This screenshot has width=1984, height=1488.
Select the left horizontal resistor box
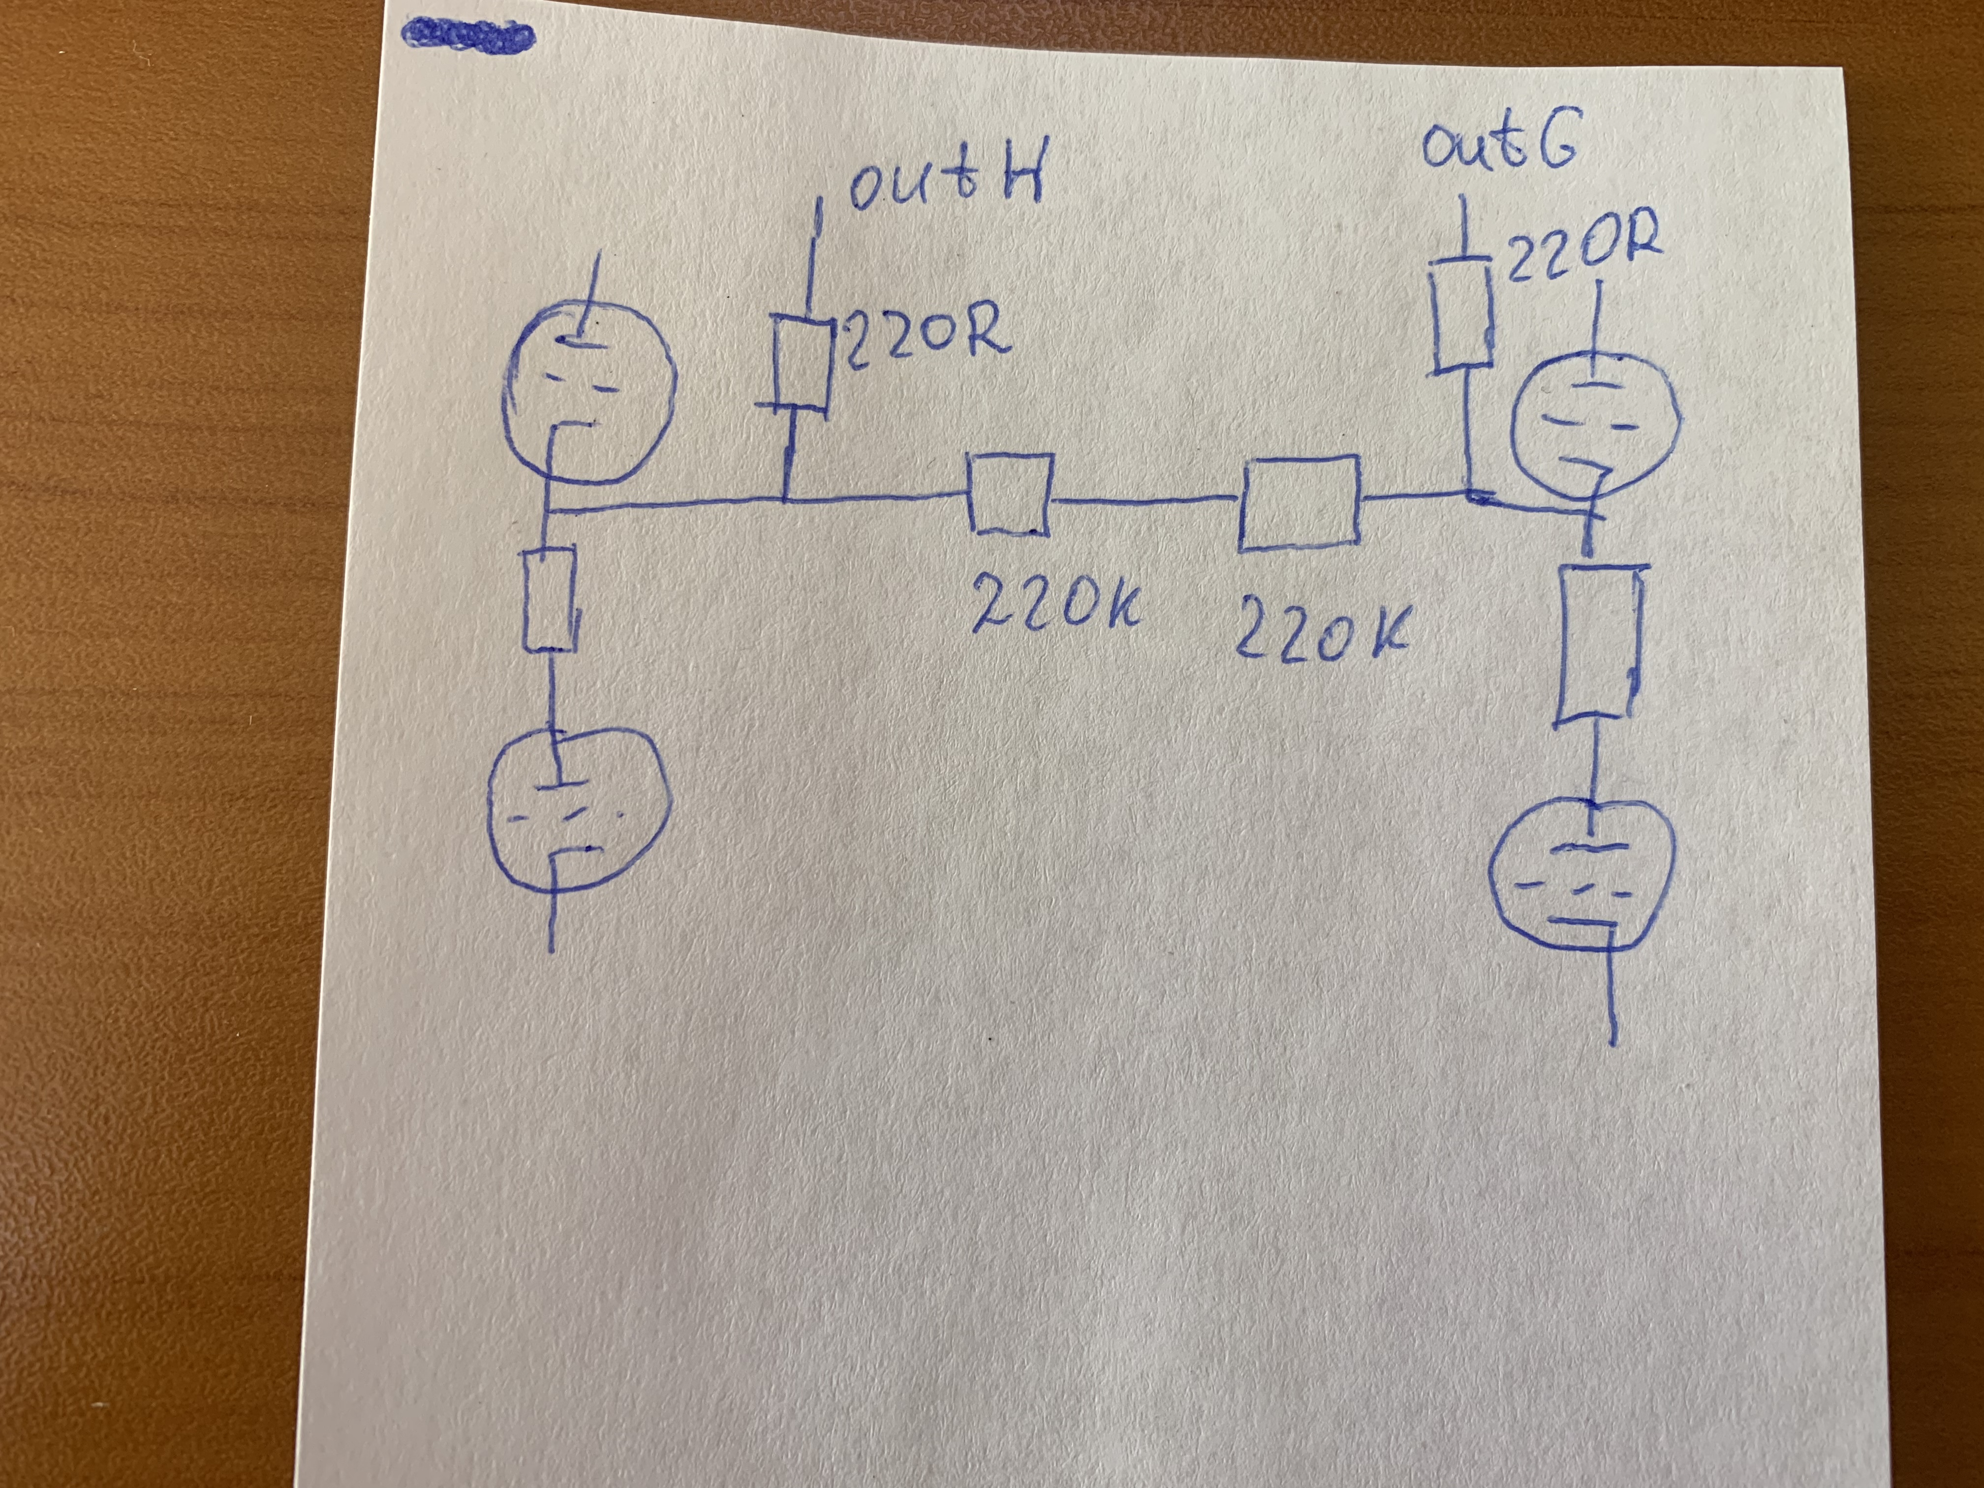coord(1009,494)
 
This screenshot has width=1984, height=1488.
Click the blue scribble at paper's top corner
coord(467,36)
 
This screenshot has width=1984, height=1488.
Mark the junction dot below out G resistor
coord(1475,494)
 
